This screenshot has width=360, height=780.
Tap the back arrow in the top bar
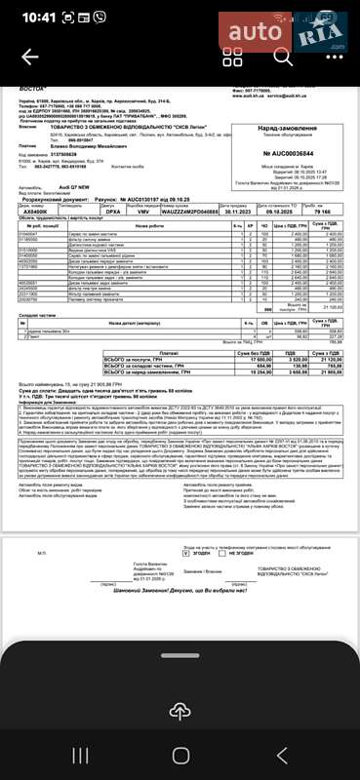(29, 57)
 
